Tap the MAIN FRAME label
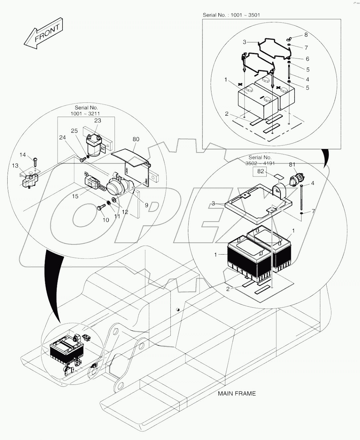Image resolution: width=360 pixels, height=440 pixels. pyautogui.click(x=237, y=393)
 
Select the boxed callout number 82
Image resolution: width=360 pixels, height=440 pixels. pyautogui.click(x=261, y=171)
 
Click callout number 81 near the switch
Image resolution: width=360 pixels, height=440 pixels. pyautogui.click(x=292, y=164)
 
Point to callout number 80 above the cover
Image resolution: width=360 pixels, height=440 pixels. pyautogui.click(x=136, y=139)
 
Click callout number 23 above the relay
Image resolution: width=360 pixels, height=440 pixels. pyautogui.click(x=97, y=121)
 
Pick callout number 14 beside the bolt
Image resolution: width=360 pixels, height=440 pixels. pyautogui.click(x=22, y=155)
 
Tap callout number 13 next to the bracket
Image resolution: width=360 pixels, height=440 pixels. pyautogui.click(x=16, y=166)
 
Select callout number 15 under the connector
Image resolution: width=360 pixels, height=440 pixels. pyautogui.click(x=75, y=196)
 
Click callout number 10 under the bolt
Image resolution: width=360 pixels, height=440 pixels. pyautogui.click(x=105, y=220)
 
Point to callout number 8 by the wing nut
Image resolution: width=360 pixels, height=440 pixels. pyautogui.click(x=306, y=35)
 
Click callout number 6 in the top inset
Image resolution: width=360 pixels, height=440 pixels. pyautogui.click(x=307, y=59)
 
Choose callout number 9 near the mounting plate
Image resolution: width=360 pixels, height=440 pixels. pyautogui.click(x=146, y=205)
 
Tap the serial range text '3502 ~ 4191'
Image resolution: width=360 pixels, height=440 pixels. pyautogui.click(x=260, y=163)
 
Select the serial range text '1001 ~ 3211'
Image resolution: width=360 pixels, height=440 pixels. pyautogui.click(x=85, y=113)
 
